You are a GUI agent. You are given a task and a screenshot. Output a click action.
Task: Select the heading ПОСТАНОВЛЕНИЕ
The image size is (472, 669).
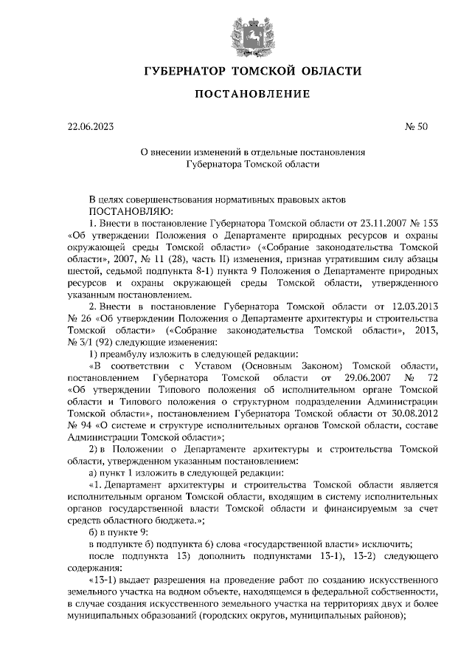[251, 94]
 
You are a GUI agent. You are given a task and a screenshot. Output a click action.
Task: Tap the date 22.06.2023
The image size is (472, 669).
[91, 126]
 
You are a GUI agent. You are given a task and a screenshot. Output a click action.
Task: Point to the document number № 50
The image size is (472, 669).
[416, 126]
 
